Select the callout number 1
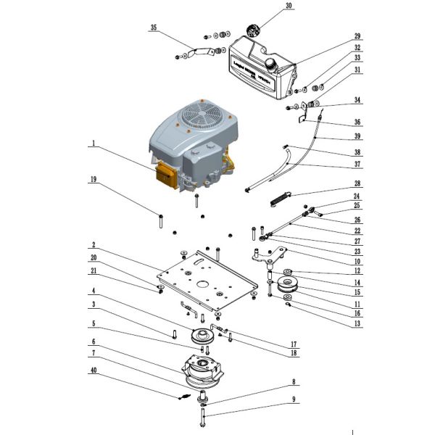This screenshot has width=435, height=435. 93,144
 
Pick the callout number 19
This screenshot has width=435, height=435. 93,178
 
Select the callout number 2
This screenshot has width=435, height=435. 93,246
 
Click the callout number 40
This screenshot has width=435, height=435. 93,371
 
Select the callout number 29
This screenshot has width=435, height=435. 357,36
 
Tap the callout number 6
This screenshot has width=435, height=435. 93,341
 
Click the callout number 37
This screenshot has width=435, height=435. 357,163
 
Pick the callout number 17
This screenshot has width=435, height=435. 294,344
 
